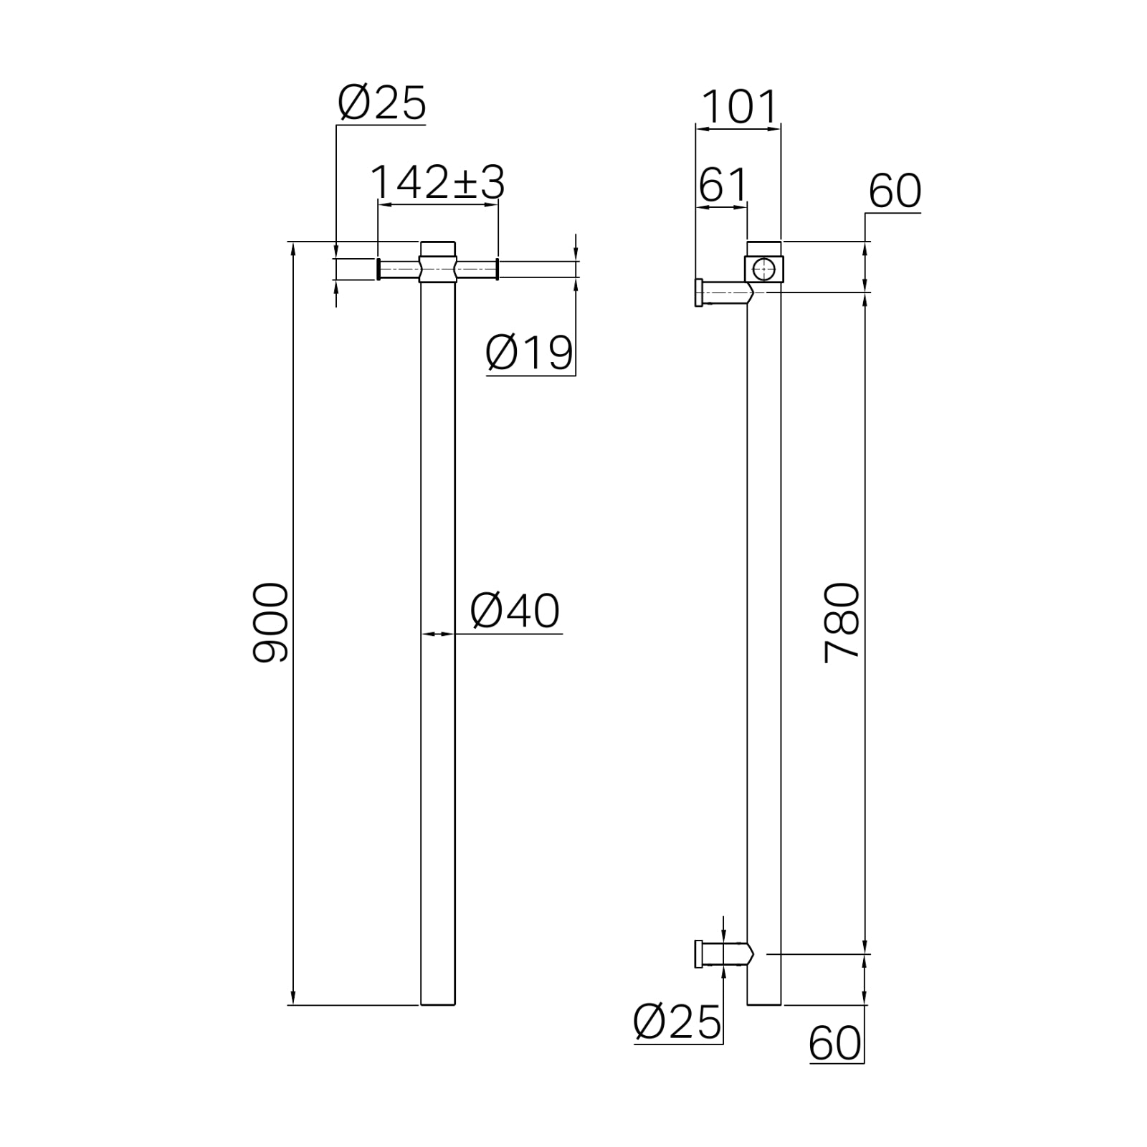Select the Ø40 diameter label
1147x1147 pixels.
(514, 611)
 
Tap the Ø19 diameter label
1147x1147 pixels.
(529, 353)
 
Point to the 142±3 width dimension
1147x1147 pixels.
(437, 183)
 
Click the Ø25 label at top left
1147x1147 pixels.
(381, 103)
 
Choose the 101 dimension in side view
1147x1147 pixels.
(738, 108)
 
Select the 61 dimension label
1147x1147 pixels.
(722, 185)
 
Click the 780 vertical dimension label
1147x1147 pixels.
(842, 622)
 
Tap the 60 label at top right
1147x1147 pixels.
(894, 191)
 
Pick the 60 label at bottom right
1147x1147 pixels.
(834, 1043)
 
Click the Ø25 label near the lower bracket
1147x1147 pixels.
(677, 1022)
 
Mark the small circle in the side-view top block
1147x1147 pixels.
(764, 270)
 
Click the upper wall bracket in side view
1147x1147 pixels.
(720, 292)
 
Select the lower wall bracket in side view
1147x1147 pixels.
(720, 954)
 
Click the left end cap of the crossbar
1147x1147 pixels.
(378, 269)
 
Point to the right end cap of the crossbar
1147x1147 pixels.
(497, 269)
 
